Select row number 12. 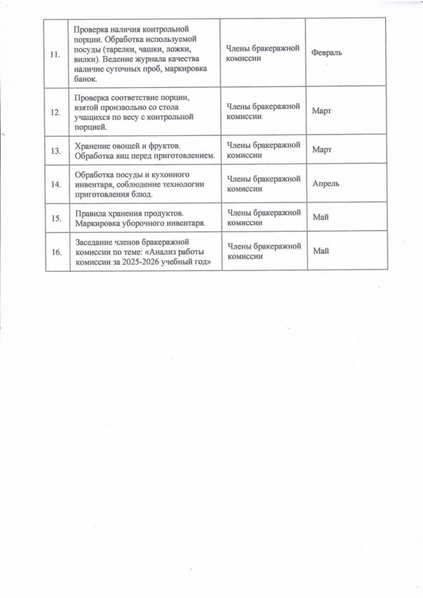(56, 112)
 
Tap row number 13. (56, 151)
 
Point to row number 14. (56, 184)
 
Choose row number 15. (56, 218)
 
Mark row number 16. (56, 252)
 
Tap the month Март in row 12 (322, 111)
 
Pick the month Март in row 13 (322, 150)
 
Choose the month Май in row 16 (321, 251)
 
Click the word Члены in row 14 (237, 178)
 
